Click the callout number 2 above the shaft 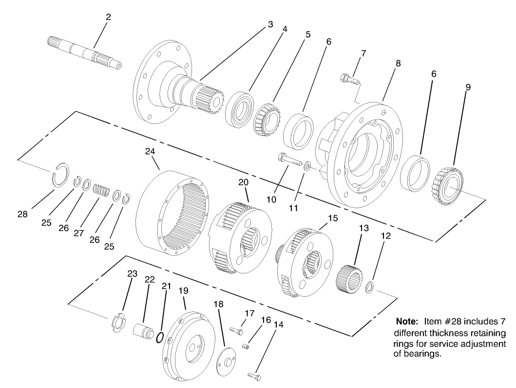[108, 17]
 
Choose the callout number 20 [244, 182]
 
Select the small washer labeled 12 [370, 287]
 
